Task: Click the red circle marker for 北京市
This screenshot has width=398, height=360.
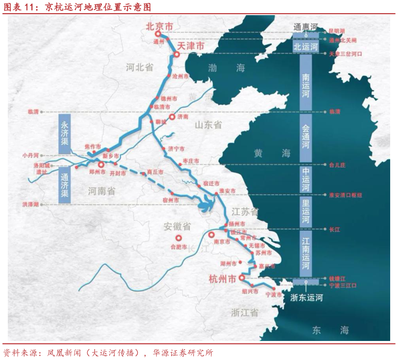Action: [x=158, y=34]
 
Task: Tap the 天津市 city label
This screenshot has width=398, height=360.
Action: [x=189, y=46]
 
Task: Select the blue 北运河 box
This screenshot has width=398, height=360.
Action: [x=306, y=47]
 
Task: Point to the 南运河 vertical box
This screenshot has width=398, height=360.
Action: [x=306, y=85]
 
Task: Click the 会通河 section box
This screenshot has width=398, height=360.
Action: [x=306, y=138]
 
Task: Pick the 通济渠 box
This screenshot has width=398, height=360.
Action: [x=65, y=184]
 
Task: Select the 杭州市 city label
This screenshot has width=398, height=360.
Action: [x=222, y=279]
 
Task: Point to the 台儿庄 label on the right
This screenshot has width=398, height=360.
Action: [x=337, y=165]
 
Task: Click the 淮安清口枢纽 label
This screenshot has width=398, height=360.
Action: [x=346, y=195]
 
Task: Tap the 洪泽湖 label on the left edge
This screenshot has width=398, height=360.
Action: [x=30, y=204]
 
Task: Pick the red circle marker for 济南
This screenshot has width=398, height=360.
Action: [x=172, y=117]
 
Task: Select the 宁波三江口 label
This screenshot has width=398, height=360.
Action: [x=343, y=285]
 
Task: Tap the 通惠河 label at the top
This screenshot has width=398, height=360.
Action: [x=306, y=26]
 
